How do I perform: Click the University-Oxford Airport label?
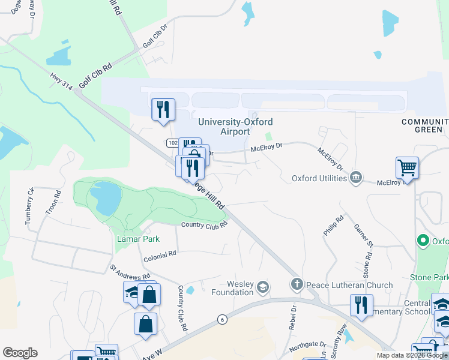pos(235,127)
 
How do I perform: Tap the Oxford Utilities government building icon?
pos(356,178)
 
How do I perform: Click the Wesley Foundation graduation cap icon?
pos(262,288)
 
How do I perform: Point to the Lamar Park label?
pos(137,239)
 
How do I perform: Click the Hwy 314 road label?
pos(61,81)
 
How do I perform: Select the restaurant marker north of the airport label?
pos(163,110)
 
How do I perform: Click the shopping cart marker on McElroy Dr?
pos(407,168)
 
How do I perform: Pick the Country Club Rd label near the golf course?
pos(205,225)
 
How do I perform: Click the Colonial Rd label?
pos(160,253)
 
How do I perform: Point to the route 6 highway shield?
pos(222,319)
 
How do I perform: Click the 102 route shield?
pos(172,143)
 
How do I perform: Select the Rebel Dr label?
pos(294,317)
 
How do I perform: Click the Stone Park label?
pos(429,277)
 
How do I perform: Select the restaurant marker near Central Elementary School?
pos(361,305)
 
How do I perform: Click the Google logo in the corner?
pos(20,353)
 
